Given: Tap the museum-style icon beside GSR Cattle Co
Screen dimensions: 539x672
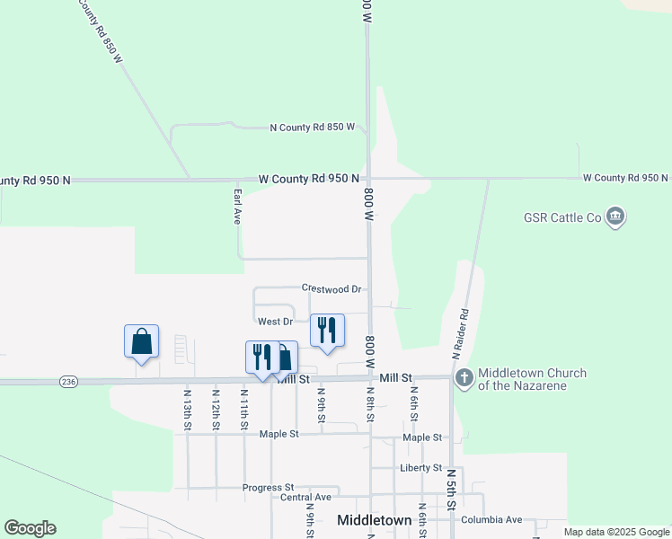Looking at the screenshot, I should coord(615,216).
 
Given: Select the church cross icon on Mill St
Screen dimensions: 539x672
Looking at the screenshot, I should coord(464,378).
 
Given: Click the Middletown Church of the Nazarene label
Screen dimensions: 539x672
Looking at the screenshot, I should coord(532,379).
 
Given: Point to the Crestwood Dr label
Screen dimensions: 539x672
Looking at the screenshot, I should coord(331,288).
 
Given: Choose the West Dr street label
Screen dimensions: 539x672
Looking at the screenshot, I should coord(275,321).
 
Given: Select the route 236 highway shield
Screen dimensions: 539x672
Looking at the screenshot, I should coord(68,382).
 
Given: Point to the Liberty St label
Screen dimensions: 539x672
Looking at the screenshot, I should coord(420,468).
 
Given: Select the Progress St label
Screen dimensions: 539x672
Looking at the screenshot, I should coord(268,488).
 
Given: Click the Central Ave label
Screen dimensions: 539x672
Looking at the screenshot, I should coord(305,497).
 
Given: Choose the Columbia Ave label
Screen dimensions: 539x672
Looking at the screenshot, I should coord(491,519).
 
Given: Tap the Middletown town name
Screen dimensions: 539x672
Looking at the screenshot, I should coord(374,520).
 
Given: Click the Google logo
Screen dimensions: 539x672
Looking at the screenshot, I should coord(30,528).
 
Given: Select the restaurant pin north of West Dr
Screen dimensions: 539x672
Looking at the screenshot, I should coord(327,331).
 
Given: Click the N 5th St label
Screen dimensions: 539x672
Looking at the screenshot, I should coord(451,485).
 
